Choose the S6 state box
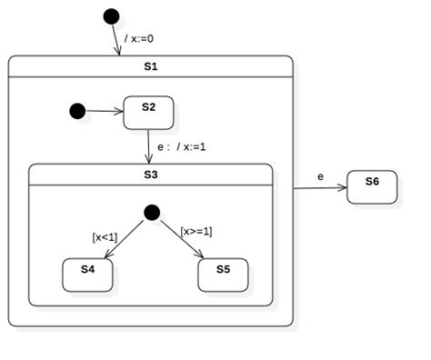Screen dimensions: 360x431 tap(372, 187)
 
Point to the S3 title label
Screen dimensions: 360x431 tap(151, 174)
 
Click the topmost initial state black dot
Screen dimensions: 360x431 tap(111, 15)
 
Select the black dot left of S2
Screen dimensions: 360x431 tap(77, 111)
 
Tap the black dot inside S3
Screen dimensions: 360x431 tap(152, 212)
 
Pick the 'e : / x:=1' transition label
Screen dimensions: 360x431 tap(182, 145)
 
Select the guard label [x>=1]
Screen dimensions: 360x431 tap(195, 231)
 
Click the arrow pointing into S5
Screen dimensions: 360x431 tap(184, 241)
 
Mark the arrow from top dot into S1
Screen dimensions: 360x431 tap(117, 39)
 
